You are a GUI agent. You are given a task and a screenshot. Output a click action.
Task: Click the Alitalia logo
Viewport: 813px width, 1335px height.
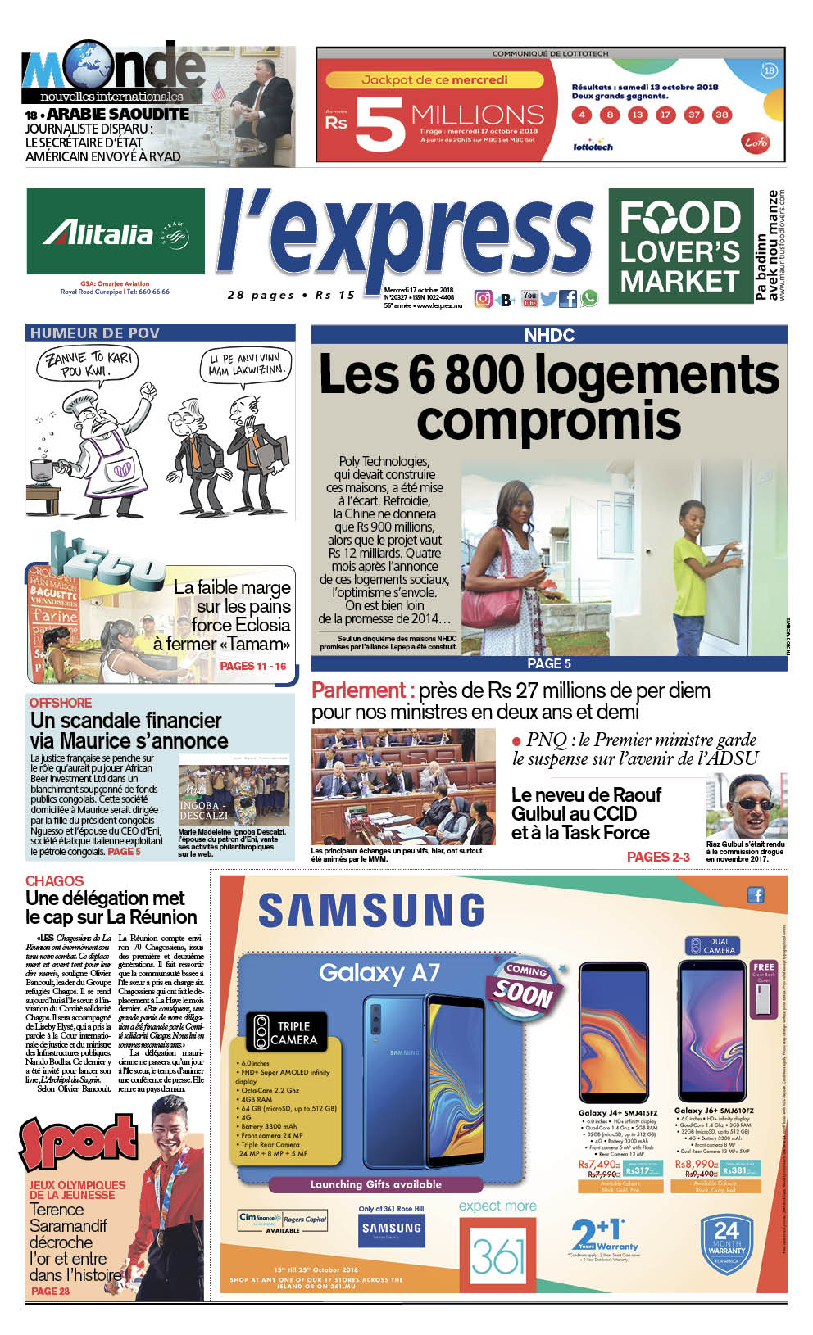tap(115, 234)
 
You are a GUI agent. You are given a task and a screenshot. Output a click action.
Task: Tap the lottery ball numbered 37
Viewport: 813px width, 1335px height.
tap(693, 115)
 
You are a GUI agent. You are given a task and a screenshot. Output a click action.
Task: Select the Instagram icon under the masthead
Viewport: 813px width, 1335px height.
tap(484, 299)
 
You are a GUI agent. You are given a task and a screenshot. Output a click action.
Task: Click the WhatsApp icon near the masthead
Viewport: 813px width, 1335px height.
tap(589, 299)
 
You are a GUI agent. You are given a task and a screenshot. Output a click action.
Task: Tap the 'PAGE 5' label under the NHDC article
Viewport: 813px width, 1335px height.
tap(548, 663)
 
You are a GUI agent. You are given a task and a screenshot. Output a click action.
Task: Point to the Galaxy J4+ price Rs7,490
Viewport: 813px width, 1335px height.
tap(597, 1164)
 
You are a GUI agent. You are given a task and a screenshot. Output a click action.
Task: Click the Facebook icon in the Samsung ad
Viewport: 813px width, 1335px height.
tap(756, 894)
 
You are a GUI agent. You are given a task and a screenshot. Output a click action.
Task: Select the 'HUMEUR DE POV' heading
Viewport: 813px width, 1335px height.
tap(95, 333)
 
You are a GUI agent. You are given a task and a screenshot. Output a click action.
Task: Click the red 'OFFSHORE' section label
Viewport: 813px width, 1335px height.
tap(61, 703)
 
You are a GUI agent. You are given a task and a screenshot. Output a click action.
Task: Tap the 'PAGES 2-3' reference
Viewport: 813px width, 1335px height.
tap(658, 857)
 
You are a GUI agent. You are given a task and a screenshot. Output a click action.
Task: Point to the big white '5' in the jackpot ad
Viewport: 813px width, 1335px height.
tap(379, 125)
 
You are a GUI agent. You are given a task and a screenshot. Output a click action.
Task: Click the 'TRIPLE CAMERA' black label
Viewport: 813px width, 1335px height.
tap(286, 1033)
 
